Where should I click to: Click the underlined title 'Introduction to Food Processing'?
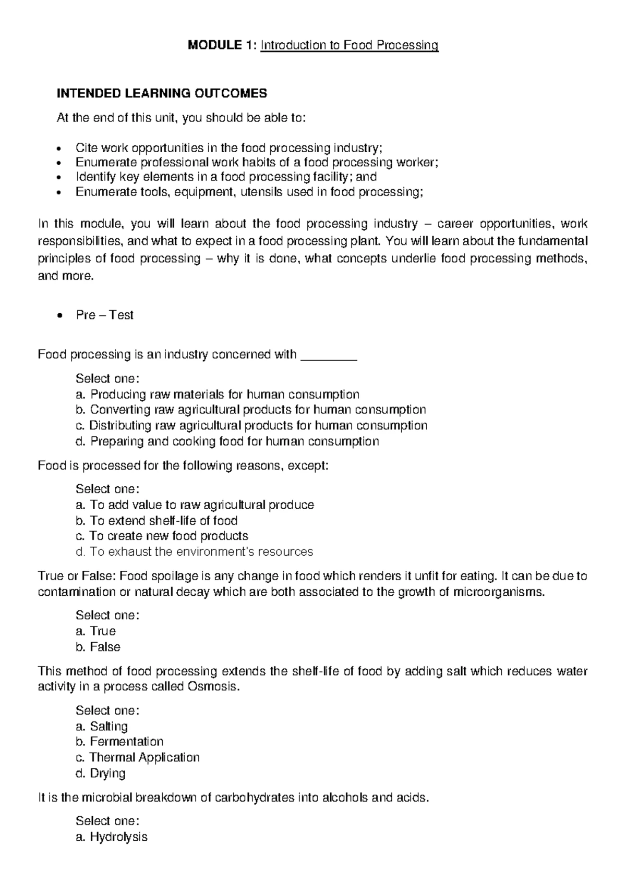350,45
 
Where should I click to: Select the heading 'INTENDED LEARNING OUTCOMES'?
162,93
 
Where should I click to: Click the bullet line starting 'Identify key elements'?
226,177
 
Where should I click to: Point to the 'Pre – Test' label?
104,315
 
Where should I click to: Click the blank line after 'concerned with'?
329,355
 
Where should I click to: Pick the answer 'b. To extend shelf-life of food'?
156,520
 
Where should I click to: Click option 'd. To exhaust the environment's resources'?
194,551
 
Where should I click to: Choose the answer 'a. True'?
95,631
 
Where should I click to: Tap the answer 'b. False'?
98,647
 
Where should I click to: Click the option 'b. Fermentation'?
119,741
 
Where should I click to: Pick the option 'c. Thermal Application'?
138,757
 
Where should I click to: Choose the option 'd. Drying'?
100,773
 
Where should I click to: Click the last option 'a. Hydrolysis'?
111,837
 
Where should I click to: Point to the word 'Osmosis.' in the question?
213,686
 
